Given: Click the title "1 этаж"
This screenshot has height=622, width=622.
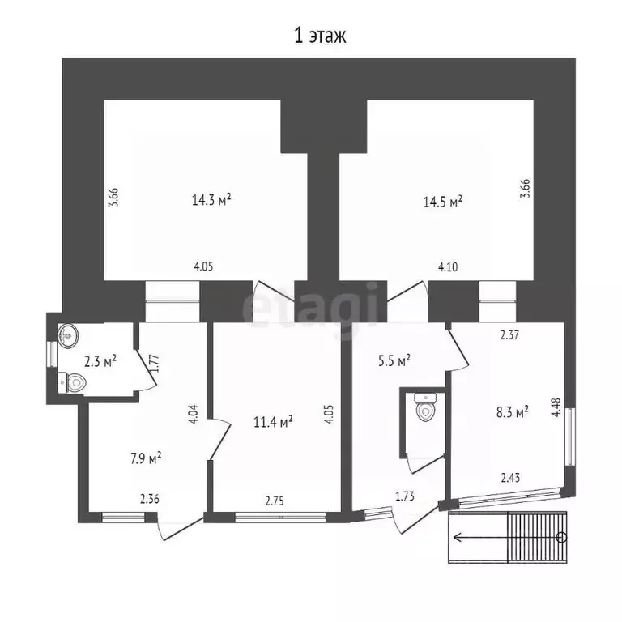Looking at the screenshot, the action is point(320,36).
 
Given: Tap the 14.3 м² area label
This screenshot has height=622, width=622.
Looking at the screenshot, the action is point(211,199).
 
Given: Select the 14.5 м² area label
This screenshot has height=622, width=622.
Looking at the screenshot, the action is point(443,202).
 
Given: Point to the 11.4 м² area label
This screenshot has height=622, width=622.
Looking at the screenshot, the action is point(273,422).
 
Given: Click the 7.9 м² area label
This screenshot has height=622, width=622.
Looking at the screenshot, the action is point(146,458).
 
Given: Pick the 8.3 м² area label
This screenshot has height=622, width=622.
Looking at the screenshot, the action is point(512,411).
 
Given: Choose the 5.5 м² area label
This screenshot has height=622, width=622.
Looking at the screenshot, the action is point(394,360).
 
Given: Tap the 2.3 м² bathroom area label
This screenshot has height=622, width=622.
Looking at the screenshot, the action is point(100,361).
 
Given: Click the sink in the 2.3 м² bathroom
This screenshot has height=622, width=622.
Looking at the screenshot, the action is point(68,335).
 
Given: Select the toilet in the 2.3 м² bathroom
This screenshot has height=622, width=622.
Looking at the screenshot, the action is point(72,383).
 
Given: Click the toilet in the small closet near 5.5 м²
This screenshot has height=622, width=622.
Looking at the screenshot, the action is point(425,407).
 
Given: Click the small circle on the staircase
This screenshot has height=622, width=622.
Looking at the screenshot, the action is point(561,538).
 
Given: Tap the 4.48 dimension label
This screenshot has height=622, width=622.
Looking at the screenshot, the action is point(556,407).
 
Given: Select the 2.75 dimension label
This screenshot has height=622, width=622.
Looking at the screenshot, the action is point(274,501).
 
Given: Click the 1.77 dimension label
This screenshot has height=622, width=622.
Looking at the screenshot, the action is point(155,363).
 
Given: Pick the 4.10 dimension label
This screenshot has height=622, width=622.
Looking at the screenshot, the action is point(448,266).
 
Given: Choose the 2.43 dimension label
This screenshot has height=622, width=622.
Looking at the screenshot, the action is point(510,478).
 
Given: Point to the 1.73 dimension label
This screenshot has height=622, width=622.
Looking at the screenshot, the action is point(405,496).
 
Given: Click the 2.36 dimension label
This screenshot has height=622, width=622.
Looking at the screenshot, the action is point(150,499).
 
